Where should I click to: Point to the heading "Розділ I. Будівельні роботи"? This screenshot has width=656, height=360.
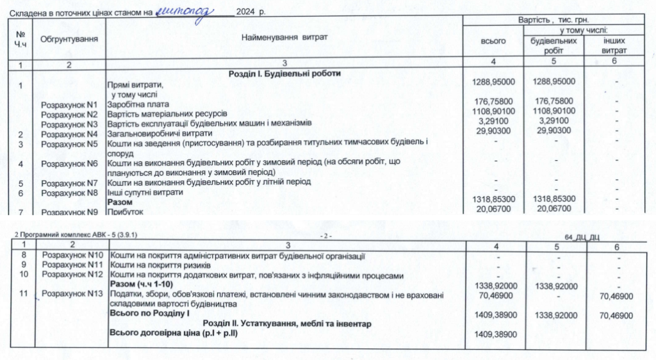284,74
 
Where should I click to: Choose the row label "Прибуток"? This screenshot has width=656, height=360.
126,211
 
